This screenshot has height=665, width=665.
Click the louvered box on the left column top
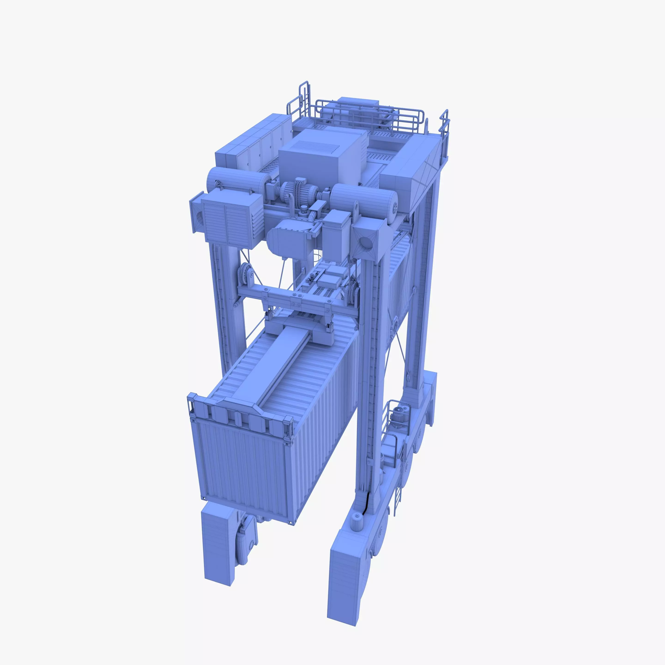tap(225, 220)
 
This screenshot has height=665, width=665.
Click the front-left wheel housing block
tap(219, 544)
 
